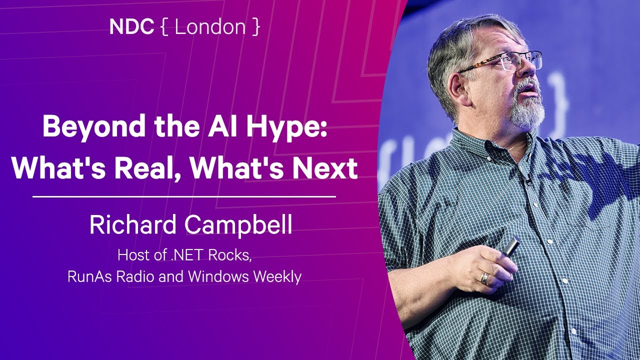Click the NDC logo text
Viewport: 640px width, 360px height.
pyautogui.click(x=131, y=27)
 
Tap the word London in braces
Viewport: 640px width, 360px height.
pyautogui.click(x=210, y=27)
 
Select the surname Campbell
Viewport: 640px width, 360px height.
pyautogui.click(x=238, y=225)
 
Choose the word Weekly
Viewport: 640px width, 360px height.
pyautogui.click(x=277, y=276)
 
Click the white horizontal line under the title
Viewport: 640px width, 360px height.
pyautogui.click(x=184, y=197)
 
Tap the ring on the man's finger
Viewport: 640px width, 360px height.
pyautogui.click(x=484, y=278)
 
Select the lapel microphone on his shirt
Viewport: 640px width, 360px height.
pyautogui.click(x=527, y=182)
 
